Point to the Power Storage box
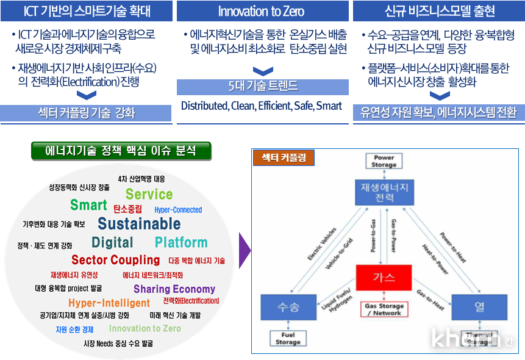[x=384, y=161]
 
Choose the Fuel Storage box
[x=288, y=339]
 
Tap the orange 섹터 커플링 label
[x=284, y=157]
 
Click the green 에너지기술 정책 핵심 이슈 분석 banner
[x=121, y=151]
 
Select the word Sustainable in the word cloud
[x=139, y=223]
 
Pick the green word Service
[x=149, y=195]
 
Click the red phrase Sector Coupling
[x=115, y=261]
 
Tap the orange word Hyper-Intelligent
[x=109, y=303]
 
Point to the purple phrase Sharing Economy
[x=174, y=289]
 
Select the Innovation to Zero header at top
[x=262, y=11]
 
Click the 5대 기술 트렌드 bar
[x=262, y=87]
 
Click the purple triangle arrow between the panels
[x=244, y=250]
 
